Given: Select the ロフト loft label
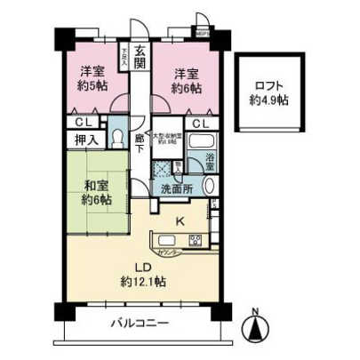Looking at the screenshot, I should [269, 85].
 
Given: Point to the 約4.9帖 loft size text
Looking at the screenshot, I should [269, 100].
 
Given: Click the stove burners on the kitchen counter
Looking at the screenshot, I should [195, 241].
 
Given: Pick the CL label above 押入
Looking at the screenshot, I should [81, 123].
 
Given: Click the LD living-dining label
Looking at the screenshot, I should [141, 266].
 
